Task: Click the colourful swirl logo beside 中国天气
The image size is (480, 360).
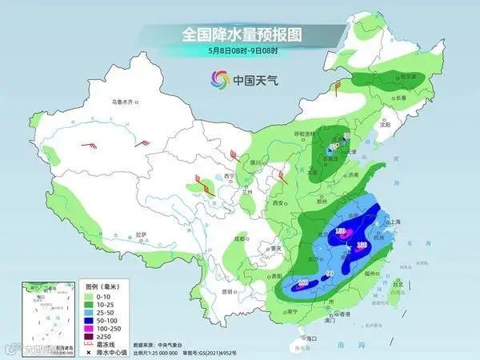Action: (218, 80)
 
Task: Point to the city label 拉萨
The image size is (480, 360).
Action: (142, 234)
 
